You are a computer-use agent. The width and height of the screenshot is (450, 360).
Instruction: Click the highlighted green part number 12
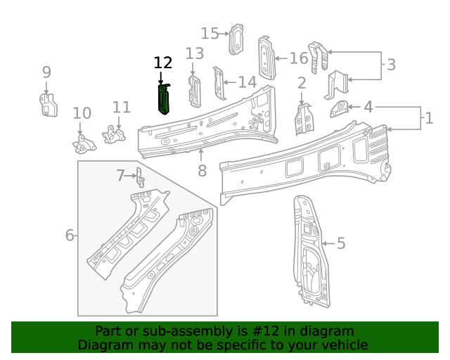click(164, 98)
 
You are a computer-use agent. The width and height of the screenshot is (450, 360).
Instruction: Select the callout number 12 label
click(162, 63)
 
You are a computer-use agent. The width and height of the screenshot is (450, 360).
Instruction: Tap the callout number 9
click(46, 72)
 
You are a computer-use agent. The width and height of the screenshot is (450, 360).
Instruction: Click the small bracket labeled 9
click(47, 104)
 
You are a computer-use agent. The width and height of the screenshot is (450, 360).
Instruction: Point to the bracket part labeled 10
click(83, 144)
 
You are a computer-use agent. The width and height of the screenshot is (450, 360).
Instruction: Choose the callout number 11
click(122, 108)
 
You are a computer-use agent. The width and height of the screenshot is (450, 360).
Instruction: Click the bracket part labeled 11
click(112, 133)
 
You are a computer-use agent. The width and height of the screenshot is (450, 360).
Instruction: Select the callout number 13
click(195, 53)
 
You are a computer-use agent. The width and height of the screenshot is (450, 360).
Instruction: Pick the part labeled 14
click(219, 84)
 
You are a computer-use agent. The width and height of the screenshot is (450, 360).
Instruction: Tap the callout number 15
click(210, 33)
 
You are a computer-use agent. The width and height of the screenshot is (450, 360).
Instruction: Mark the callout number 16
click(298, 58)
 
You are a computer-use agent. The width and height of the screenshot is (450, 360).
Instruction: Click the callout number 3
click(391, 65)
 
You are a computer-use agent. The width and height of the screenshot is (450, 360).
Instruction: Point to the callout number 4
click(368, 107)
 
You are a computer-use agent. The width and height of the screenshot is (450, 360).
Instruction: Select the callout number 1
click(429, 118)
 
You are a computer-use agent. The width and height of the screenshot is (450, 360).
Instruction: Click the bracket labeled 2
click(303, 117)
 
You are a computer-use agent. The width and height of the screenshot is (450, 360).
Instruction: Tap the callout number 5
click(341, 244)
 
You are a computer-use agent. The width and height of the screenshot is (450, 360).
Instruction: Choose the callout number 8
click(202, 171)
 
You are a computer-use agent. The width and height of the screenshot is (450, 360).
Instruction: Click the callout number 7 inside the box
click(120, 175)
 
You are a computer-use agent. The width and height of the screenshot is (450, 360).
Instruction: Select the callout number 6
click(70, 235)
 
